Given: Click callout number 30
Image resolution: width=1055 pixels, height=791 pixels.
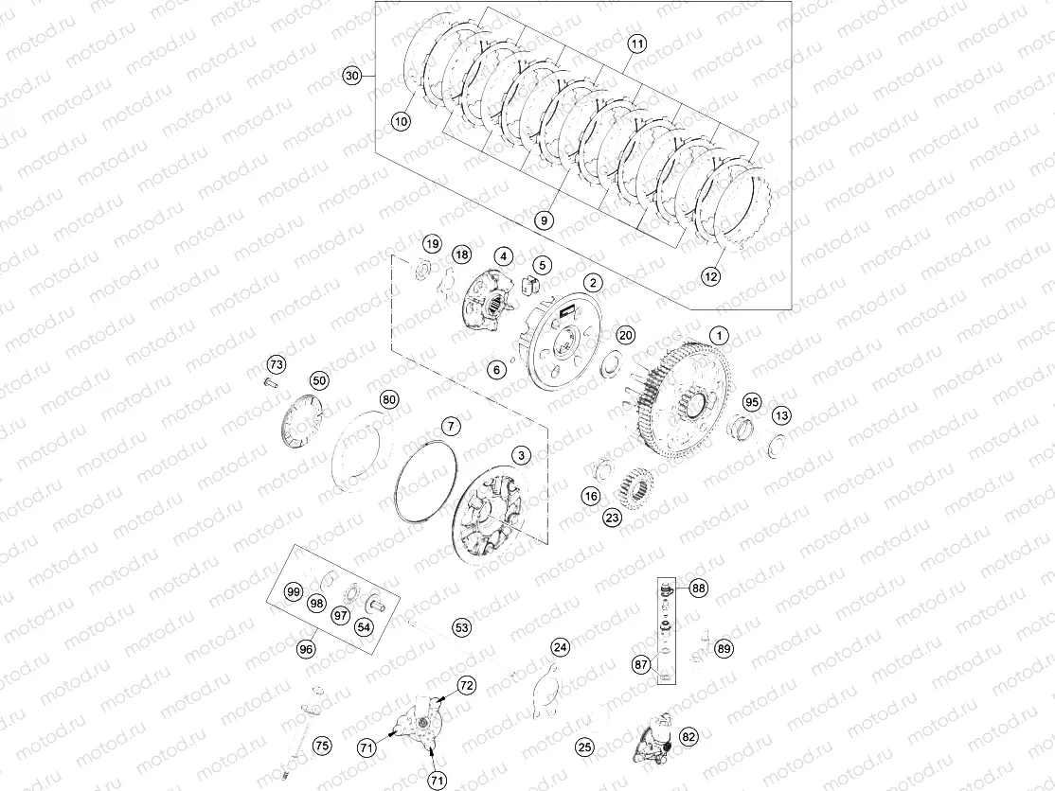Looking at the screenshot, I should click(352, 77).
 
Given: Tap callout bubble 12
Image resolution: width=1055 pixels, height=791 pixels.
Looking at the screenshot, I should click(710, 276).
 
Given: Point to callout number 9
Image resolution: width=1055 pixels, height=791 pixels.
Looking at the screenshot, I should click(543, 220).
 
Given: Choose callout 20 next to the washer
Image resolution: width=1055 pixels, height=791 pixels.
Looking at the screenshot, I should click(625, 335).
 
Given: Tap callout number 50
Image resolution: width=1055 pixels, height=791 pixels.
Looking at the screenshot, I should click(319, 380).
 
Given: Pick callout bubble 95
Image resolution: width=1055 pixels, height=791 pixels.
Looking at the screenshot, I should click(751, 402).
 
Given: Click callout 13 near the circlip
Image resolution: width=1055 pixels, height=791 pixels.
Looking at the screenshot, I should click(781, 415).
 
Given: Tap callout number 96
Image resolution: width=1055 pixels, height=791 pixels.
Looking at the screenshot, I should click(305, 650).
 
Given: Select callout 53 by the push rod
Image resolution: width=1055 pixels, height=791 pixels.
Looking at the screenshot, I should click(461, 626).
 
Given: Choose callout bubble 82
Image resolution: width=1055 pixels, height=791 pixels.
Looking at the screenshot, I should click(688, 735).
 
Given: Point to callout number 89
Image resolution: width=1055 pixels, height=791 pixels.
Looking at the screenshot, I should click(724, 648).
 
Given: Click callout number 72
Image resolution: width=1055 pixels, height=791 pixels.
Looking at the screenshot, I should click(466, 684).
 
